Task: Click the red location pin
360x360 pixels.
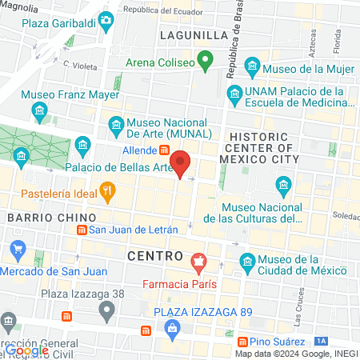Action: [182, 163]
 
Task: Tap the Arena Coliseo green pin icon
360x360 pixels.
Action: [206, 61]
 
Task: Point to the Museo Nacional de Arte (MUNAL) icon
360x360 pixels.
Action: [116, 125]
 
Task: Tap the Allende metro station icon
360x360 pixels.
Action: [164, 150]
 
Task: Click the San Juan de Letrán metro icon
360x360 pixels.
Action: [81, 230]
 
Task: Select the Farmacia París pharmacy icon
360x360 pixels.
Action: [198, 262]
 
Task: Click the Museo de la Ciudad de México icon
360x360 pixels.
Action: [249, 262]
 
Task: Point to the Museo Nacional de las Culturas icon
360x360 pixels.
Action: [283, 187]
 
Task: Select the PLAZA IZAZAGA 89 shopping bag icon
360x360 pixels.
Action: [173, 327]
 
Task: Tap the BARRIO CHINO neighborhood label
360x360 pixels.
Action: [51, 218]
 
